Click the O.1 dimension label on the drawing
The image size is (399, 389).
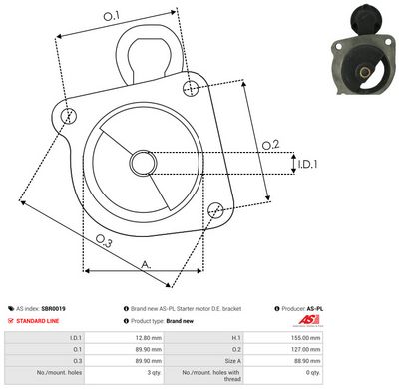pyautogui.click(x=111, y=16)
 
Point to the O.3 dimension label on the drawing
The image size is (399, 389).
pyautogui.click(x=104, y=240)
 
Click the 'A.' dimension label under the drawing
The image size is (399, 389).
pyautogui.click(x=146, y=263)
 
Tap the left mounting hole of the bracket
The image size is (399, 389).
pyautogui.click(x=69, y=116)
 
